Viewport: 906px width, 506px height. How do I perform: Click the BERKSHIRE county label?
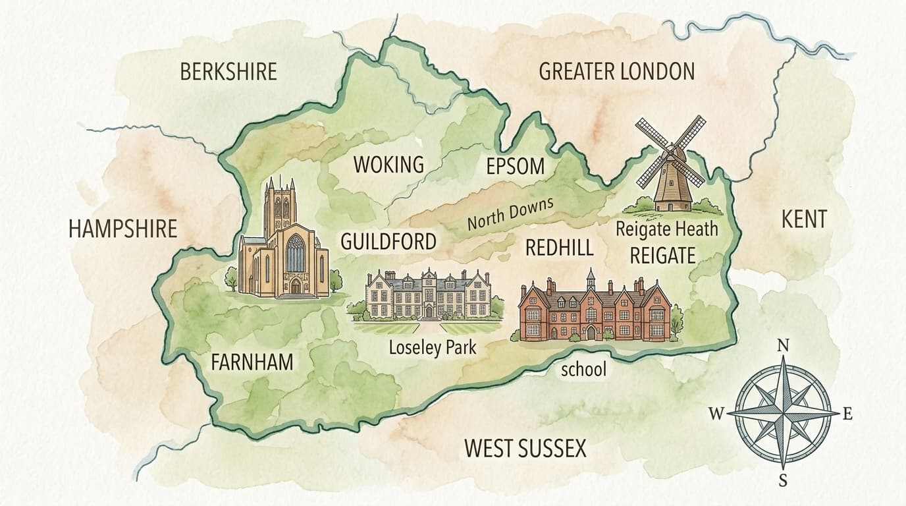(228, 72)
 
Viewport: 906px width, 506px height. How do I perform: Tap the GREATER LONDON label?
(617, 71)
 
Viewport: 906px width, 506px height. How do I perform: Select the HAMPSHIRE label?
(123, 229)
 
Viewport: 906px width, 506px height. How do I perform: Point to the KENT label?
(803, 219)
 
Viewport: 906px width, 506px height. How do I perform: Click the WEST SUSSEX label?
(525, 449)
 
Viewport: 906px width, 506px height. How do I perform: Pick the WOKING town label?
(388, 165)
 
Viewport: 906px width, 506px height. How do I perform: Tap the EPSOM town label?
(516, 167)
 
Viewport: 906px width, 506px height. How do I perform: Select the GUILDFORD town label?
(388, 241)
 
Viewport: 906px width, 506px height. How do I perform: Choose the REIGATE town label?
(662, 255)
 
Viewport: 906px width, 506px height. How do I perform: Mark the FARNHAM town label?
(252, 362)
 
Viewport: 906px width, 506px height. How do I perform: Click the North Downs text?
(510, 214)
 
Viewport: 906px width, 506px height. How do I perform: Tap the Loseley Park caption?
(432, 347)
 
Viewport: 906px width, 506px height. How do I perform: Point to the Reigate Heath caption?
(666, 229)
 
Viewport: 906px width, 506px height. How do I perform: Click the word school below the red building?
(583, 370)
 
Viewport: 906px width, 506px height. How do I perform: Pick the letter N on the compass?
(783, 346)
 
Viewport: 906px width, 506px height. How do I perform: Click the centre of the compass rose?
(783, 413)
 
